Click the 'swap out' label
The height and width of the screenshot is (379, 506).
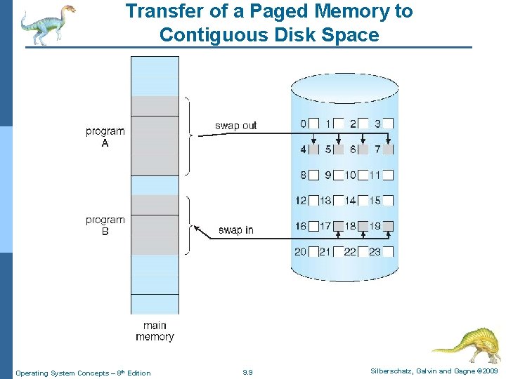click(235, 126)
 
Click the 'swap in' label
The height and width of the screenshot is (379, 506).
click(235, 230)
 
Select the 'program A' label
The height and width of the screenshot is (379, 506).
click(105, 137)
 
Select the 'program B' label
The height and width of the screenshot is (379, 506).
click(105, 225)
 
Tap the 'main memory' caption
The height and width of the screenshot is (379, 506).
click(155, 331)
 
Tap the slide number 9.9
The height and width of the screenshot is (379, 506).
click(247, 372)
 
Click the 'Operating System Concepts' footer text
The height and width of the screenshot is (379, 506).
click(63, 373)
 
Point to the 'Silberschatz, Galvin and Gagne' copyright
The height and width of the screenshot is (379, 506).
click(415, 371)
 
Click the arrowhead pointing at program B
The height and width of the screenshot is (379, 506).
click(197, 228)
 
